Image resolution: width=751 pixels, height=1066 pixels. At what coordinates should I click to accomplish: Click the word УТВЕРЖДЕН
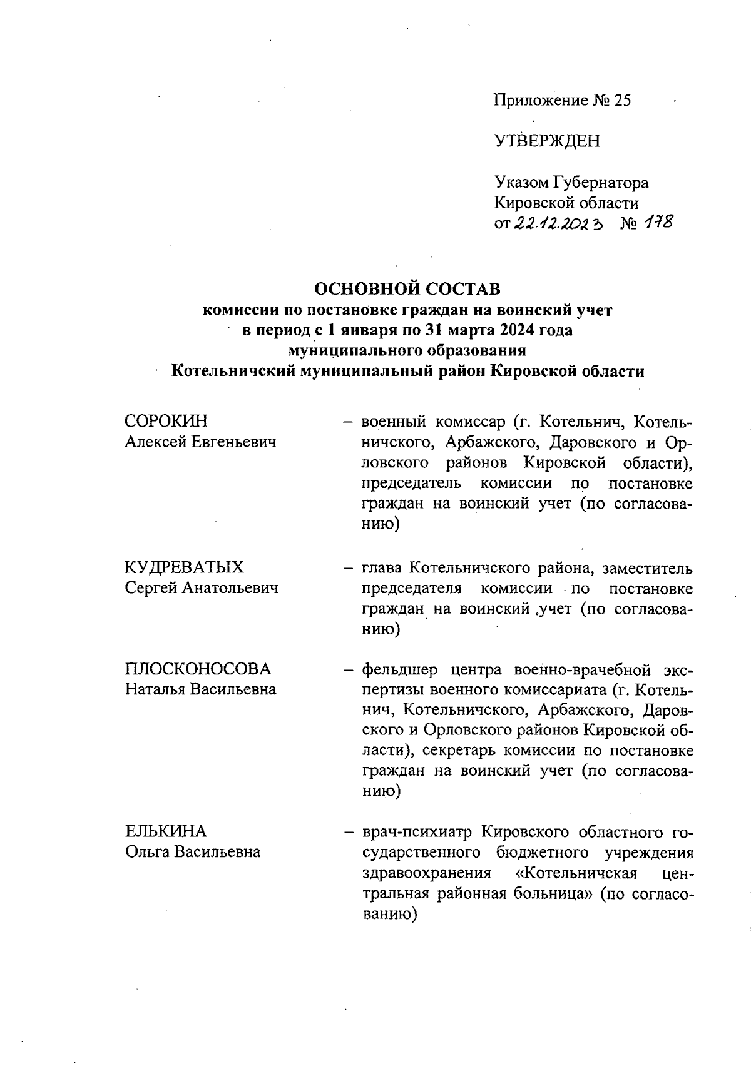click(547, 141)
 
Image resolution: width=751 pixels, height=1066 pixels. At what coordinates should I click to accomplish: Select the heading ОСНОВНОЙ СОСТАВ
click(407, 289)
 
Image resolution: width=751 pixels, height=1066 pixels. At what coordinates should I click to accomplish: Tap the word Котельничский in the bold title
click(234, 371)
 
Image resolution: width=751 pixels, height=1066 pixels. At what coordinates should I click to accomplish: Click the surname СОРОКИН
click(166, 422)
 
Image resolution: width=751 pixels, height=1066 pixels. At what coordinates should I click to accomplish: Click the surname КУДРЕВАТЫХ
click(185, 567)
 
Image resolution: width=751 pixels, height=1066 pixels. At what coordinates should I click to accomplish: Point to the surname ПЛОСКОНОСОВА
click(198, 669)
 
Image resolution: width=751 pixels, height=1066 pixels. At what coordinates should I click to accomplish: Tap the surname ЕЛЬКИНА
click(165, 831)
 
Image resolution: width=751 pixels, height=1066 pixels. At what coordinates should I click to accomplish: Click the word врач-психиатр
click(416, 832)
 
